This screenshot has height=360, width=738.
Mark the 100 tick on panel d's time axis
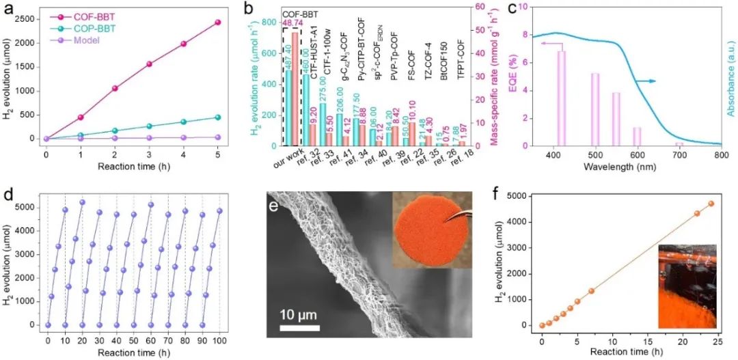tap(219, 340)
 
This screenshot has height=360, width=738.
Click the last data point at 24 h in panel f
tap(711, 204)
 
